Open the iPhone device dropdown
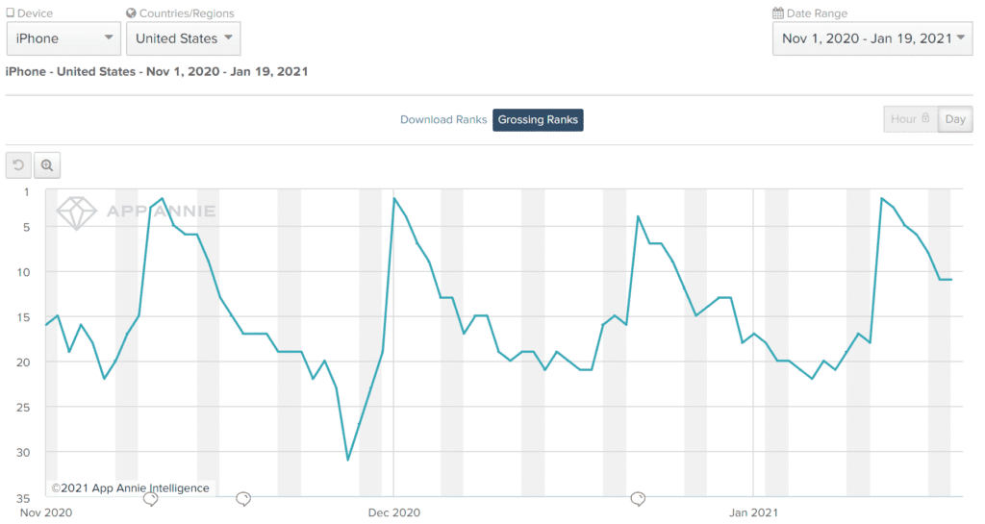pyautogui.click(x=63, y=38)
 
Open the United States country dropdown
pyautogui.click(x=183, y=38)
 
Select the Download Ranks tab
pyautogui.click(x=443, y=120)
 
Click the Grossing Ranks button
pyautogui.click(x=538, y=120)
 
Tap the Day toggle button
pyautogui.click(x=955, y=119)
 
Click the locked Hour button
pyautogui.click(x=910, y=119)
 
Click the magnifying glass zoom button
pyautogui.click(x=47, y=165)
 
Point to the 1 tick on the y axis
pyautogui.click(x=26, y=191)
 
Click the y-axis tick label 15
pyautogui.click(x=24, y=317)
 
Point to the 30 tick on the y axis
pyautogui.click(x=24, y=453)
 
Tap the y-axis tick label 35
pyautogui.click(x=24, y=498)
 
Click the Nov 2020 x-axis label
pyautogui.click(x=45, y=512)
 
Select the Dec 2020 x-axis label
pyautogui.click(x=393, y=512)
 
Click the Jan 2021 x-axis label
pyautogui.click(x=752, y=512)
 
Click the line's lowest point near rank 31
pyautogui.click(x=348, y=460)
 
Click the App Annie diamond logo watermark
pyautogui.click(x=77, y=212)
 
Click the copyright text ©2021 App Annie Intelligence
pyautogui.click(x=130, y=488)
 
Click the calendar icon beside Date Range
pyautogui.click(x=778, y=13)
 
